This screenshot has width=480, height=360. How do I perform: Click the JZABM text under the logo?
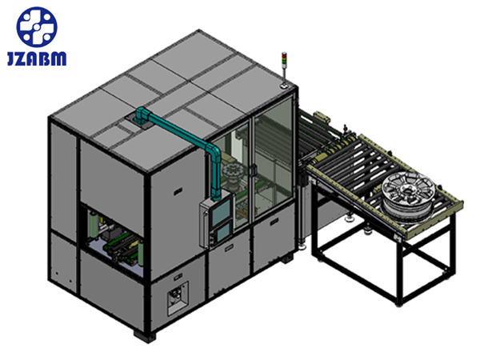tap(37, 58)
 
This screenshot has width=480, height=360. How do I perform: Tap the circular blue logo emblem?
tap(37, 27)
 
